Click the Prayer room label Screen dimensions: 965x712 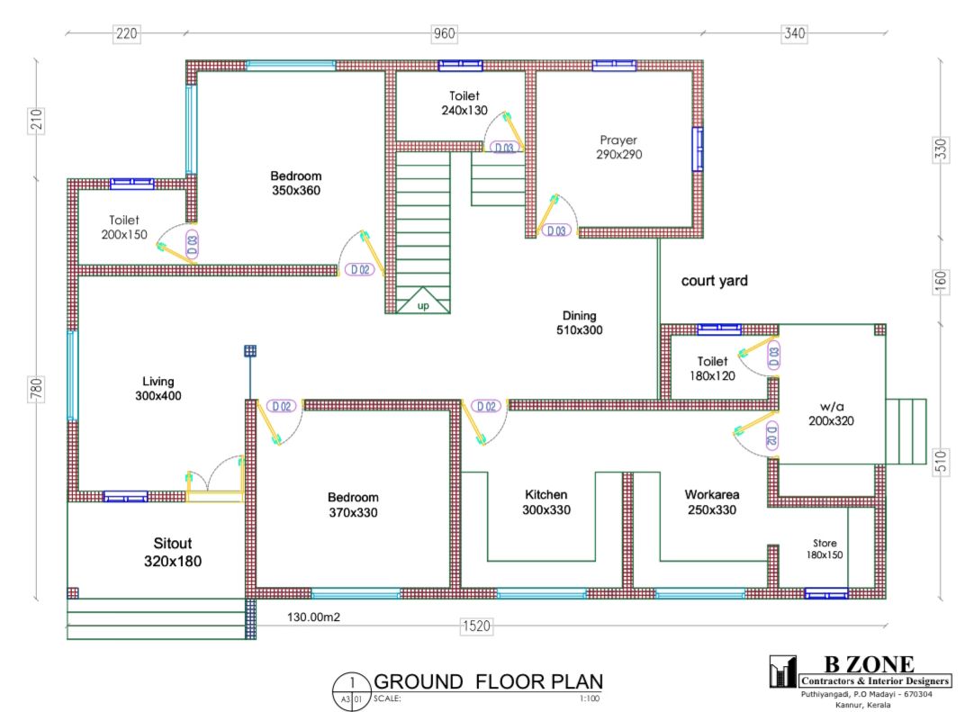[618, 147]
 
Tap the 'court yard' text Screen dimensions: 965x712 [714, 281]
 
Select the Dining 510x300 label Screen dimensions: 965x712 [579, 322]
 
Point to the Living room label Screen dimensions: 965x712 [158, 388]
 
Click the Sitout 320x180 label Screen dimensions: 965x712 [173, 552]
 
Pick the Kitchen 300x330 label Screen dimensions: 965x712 [546, 502]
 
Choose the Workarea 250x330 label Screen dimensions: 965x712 [712, 502]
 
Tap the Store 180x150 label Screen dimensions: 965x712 [825, 549]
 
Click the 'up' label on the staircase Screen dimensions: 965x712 [423, 306]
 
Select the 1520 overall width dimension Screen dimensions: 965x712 [476, 626]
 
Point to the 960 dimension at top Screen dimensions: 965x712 [444, 33]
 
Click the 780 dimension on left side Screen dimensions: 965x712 [36, 389]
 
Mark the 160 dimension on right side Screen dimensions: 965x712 [941, 282]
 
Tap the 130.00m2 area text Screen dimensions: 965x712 [313, 617]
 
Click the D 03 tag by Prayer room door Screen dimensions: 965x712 [556, 230]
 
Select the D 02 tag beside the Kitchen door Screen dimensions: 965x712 [486, 406]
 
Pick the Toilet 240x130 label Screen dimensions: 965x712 [464, 103]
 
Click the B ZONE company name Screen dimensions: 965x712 [869, 664]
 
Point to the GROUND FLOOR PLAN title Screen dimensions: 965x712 [488, 682]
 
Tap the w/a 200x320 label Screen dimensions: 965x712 [831, 413]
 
